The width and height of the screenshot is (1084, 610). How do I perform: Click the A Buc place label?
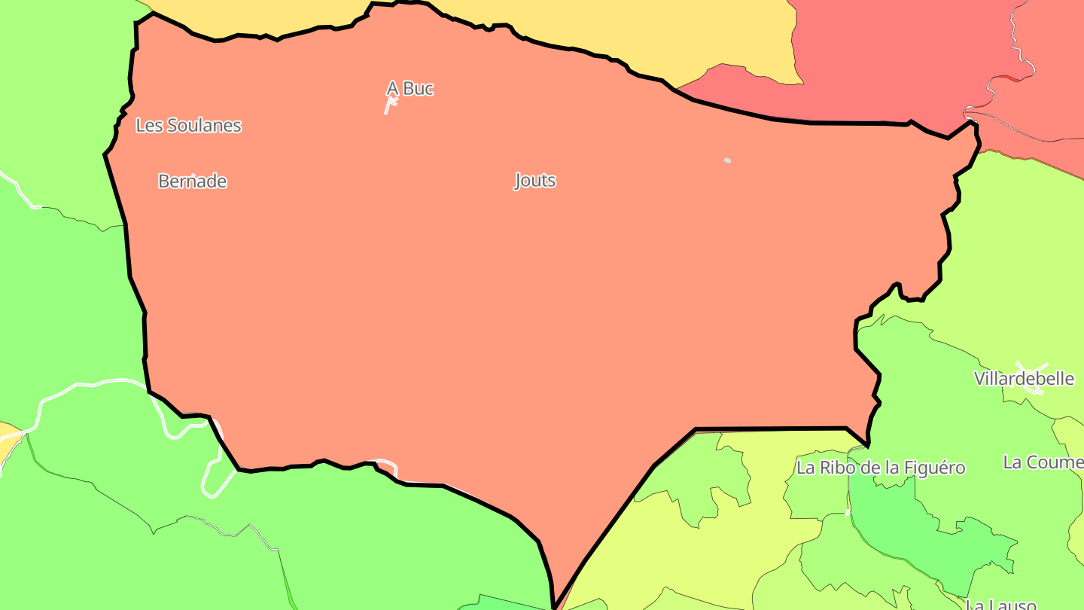coord(410,89)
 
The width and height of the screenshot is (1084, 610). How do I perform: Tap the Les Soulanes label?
coord(188,126)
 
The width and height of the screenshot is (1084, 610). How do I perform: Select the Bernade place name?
coord(192,181)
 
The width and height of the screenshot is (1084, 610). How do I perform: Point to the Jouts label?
coord(535,181)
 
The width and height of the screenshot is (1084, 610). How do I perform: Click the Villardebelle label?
coord(1024,379)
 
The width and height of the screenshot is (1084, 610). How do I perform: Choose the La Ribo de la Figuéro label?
coord(881,468)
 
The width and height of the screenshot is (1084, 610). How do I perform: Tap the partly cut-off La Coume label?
coord(1043,462)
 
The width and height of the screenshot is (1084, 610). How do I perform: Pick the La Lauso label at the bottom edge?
coord(1001,604)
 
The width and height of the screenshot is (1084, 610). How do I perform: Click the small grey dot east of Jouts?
coord(727,160)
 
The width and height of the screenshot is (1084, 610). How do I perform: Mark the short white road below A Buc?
coord(389,105)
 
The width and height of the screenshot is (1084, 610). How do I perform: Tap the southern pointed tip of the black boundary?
coord(554,605)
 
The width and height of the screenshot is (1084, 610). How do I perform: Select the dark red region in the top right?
coord(888,53)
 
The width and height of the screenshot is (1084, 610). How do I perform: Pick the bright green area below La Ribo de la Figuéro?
coord(926,535)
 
